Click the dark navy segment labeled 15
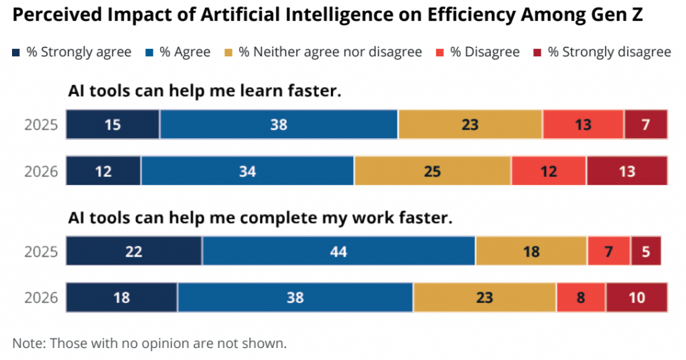(113, 125)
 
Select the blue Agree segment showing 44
(339, 251)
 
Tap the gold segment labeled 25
(433, 171)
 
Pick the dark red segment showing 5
(646, 251)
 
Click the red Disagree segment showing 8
(581, 298)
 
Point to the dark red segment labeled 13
(627, 171)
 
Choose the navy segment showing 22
(134, 251)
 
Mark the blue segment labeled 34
(247, 171)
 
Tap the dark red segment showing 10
(637, 298)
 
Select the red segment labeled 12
(549, 171)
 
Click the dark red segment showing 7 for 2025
(646, 125)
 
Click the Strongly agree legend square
(17, 52)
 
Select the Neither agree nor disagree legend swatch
(228, 52)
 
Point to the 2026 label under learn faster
(42, 172)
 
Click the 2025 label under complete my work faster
(42, 252)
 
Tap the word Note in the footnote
(27, 343)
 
